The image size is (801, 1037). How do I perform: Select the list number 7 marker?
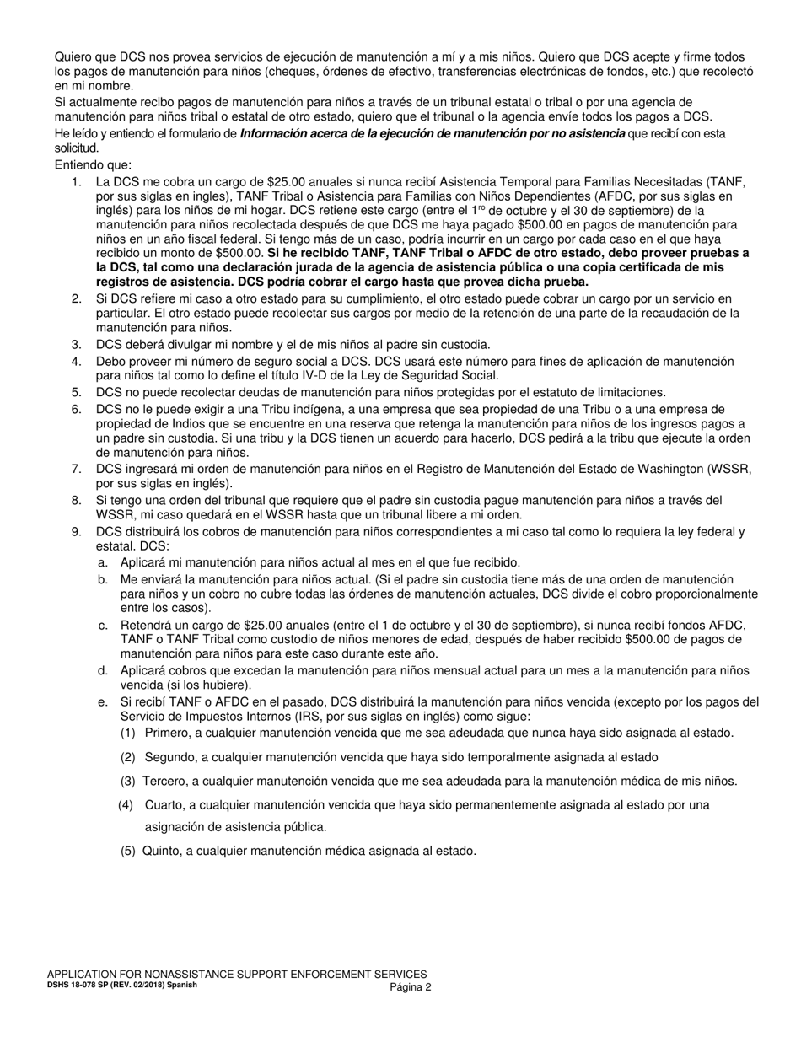tap(76, 468)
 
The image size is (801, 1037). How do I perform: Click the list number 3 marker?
tap(76, 344)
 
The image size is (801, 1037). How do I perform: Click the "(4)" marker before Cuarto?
tap(126, 805)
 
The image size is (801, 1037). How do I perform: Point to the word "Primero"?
tap(168, 733)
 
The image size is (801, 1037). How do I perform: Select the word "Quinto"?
tap(162, 851)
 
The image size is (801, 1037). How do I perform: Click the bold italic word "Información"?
tap(276, 133)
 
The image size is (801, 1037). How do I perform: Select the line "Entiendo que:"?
tap(93, 164)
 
